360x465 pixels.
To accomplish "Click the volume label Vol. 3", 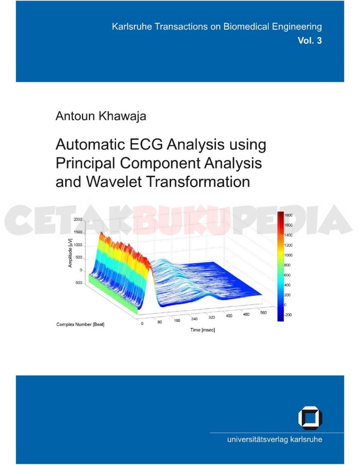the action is click(x=310, y=40).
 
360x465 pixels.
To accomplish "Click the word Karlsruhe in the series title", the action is click(x=132, y=27).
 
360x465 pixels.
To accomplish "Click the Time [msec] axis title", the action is click(x=203, y=330).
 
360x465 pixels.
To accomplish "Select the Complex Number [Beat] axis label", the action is click(x=80, y=324).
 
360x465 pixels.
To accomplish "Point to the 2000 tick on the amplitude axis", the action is click(x=78, y=219).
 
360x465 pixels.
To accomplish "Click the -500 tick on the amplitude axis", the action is click(x=78, y=283).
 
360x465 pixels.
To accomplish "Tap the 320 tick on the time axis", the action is click(x=211, y=318).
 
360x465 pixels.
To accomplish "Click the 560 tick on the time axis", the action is click(x=263, y=312).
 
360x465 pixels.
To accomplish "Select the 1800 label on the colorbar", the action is click(x=289, y=215).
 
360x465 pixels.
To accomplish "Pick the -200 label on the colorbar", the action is click(x=288, y=314).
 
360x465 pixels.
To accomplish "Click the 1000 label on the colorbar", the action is click(x=289, y=255).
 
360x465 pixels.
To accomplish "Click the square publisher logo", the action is click(x=310, y=418).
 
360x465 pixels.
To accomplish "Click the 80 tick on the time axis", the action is click(x=159, y=322).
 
